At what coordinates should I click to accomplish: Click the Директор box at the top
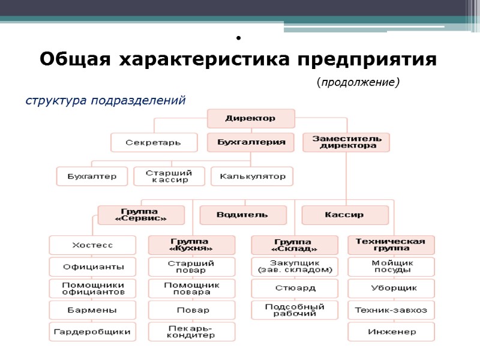[251, 118]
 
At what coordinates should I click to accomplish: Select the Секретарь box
[154, 143]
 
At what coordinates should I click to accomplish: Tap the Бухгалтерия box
[251, 143]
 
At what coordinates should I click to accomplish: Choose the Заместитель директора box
[346, 142]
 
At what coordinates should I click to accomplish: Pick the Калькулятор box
[252, 176]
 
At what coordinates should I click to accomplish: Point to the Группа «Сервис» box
[140, 215]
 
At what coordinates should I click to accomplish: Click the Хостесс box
[92, 245]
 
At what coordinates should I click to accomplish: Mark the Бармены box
[92, 310]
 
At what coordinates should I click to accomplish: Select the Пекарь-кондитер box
[191, 331]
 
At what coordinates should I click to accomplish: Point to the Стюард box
[294, 289]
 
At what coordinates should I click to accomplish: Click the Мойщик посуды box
[391, 266]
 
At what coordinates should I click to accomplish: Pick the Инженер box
[391, 331]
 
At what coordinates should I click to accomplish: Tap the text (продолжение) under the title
[358, 81]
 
